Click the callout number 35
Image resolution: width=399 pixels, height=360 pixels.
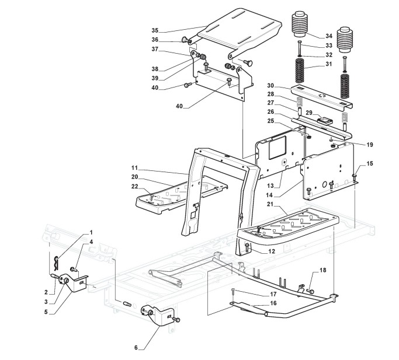click(x=155, y=30)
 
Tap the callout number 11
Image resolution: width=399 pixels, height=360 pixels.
click(x=135, y=168)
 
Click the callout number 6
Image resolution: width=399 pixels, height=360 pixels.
click(x=136, y=348)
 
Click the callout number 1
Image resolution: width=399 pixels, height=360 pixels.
click(x=91, y=233)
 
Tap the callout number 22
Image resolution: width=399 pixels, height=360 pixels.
click(x=135, y=187)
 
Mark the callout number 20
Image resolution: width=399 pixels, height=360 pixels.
click(x=135, y=177)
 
